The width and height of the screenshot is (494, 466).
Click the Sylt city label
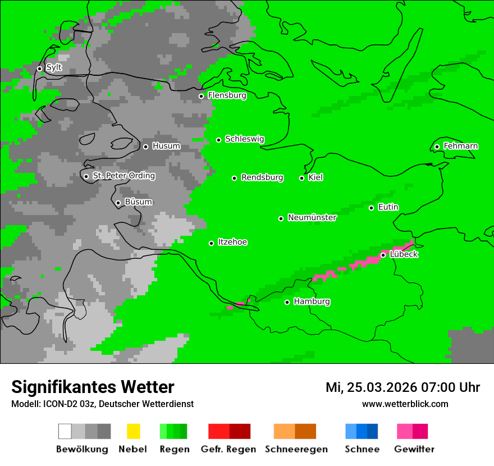(x=54, y=68)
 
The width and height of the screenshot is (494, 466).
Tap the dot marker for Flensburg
(x=201, y=96)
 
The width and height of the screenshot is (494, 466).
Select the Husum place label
(x=166, y=147)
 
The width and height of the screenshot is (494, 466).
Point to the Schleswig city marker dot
(x=218, y=140)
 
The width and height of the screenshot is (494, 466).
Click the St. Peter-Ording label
(x=124, y=176)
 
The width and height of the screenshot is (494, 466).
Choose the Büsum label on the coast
(x=138, y=202)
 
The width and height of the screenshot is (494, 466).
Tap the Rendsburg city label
(x=262, y=178)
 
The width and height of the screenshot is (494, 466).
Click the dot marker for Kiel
(x=301, y=178)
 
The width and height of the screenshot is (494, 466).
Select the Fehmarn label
(x=460, y=147)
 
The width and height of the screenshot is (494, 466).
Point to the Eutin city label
(x=388, y=207)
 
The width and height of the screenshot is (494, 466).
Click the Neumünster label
(x=312, y=218)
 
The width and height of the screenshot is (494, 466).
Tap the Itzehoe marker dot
(x=211, y=243)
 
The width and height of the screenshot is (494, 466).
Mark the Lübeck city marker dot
(x=383, y=255)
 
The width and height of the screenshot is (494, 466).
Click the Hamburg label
(x=312, y=301)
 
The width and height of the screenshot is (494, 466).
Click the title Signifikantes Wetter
(x=93, y=387)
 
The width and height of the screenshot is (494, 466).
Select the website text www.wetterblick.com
(x=405, y=404)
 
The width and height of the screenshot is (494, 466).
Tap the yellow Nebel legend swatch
(x=133, y=431)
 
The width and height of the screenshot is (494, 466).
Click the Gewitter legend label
(x=414, y=449)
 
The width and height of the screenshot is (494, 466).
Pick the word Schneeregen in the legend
(x=296, y=449)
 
